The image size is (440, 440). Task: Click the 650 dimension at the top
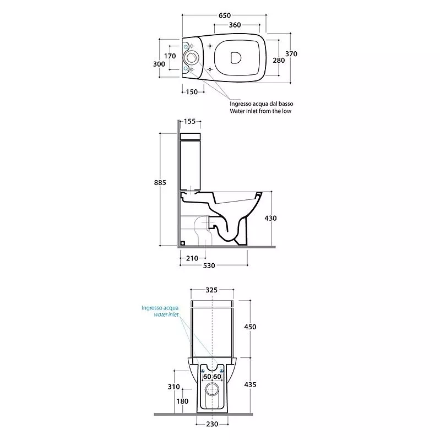(225, 15)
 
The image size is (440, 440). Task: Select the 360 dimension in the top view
(235, 25)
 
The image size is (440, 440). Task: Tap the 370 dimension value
(291, 53)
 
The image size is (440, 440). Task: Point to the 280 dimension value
(279, 60)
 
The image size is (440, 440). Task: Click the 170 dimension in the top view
(170, 56)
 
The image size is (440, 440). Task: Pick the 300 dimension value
(159, 64)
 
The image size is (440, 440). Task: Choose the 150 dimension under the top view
(192, 92)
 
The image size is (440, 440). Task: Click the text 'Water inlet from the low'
(260, 111)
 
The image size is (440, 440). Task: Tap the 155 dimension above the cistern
(189, 122)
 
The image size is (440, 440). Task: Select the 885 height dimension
(160, 183)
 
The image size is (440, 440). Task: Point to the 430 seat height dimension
(270, 218)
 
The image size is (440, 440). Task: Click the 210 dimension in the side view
(192, 258)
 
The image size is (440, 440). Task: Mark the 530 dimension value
(209, 265)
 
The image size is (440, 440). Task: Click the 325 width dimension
(211, 290)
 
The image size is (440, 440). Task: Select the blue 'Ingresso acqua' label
(160, 308)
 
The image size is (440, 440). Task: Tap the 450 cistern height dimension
(250, 327)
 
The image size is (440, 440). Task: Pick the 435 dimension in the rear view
(250, 384)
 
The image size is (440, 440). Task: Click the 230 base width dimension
(212, 424)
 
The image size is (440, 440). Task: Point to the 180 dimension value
(182, 401)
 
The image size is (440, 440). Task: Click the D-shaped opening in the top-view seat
(236, 58)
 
